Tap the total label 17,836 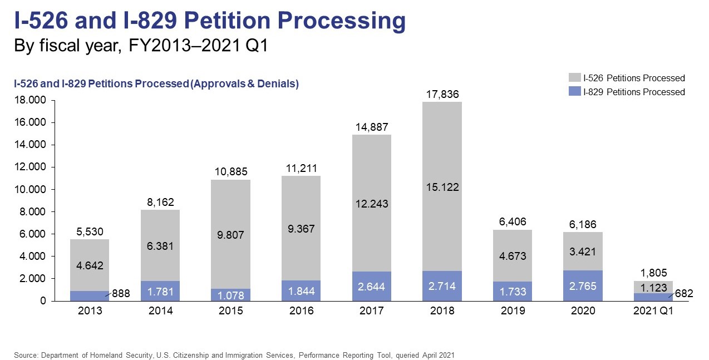442,94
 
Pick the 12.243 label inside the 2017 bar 371,204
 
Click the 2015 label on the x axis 230,311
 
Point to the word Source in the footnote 25,354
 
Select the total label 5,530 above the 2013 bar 90,231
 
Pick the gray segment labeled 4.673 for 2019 512,255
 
